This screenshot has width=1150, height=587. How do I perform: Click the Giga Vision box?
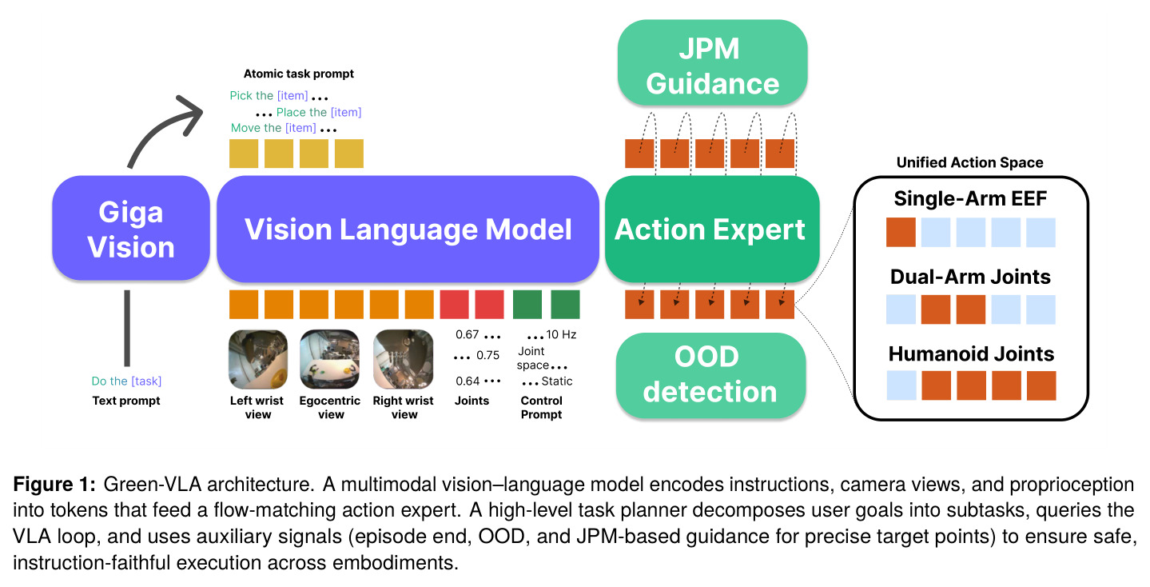(x=131, y=229)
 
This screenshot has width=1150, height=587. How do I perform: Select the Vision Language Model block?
(x=408, y=229)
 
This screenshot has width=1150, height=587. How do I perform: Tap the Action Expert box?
(x=711, y=229)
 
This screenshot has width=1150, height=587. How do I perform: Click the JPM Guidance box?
(x=712, y=63)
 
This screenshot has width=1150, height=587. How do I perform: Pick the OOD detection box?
(x=710, y=375)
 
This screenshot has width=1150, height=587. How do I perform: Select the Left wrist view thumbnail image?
(x=257, y=359)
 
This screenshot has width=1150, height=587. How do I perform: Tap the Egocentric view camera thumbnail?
(x=329, y=359)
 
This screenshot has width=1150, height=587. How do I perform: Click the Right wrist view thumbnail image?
(x=403, y=359)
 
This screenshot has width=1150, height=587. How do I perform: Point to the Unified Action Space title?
(x=970, y=162)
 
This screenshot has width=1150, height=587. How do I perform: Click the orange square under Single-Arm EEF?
(x=901, y=232)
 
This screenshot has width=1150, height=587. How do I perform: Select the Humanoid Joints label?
(x=971, y=353)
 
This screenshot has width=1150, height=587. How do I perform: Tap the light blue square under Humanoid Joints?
(x=901, y=385)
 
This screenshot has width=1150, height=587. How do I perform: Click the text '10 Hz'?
(x=561, y=335)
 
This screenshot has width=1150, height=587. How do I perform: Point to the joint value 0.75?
(x=487, y=355)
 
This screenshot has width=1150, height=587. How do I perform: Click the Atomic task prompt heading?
(x=298, y=74)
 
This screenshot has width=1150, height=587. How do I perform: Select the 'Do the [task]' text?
(x=126, y=381)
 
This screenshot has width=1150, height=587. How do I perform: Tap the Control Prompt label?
(x=541, y=407)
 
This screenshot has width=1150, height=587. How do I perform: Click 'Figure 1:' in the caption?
(x=54, y=485)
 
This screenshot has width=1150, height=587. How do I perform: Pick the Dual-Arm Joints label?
(x=970, y=277)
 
